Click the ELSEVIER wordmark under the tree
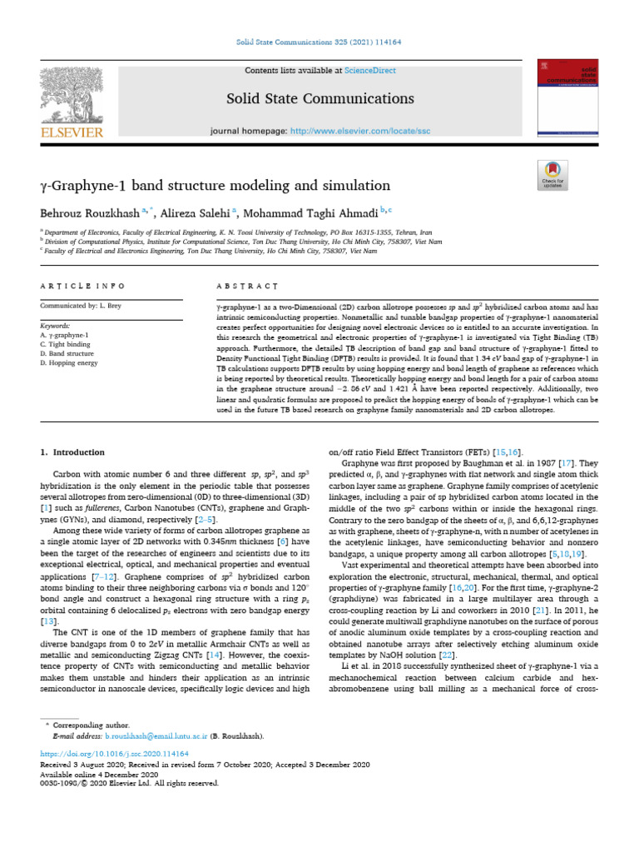click(73, 132)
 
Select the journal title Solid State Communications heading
click(320, 99)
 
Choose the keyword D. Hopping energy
click(72, 363)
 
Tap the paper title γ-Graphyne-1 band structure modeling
click(215, 184)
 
